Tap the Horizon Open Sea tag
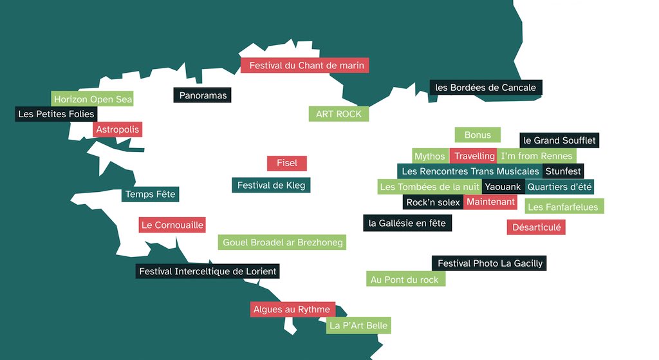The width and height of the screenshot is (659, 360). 93,99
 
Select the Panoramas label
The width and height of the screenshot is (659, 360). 203,95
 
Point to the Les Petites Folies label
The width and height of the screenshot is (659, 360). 57,114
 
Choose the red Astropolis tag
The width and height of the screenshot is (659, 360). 117,129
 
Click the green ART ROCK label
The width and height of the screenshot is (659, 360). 339,114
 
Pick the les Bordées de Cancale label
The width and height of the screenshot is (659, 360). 486,88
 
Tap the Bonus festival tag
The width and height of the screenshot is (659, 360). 478,135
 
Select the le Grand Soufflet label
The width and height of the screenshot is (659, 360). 559,140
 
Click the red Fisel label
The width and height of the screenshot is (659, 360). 287,163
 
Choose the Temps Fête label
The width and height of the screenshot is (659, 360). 150,194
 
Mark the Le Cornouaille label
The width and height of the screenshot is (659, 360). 172,225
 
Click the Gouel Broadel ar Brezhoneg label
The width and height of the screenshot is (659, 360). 283,243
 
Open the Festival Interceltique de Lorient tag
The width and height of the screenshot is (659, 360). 208,271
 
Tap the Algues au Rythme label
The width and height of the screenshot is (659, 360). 292,309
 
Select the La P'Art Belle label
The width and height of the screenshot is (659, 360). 358,325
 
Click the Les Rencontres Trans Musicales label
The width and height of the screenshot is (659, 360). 470,171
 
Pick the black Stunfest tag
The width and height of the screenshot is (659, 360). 562,171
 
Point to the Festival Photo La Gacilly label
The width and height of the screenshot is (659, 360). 490,263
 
